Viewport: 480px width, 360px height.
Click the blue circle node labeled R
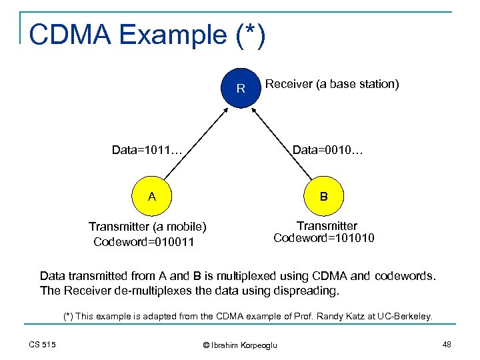click(x=241, y=88)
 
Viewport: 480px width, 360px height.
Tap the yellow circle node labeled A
click(x=152, y=196)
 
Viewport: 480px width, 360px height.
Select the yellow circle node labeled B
click(x=323, y=197)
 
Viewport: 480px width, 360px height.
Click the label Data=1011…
click(x=147, y=150)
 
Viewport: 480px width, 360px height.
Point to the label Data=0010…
click(x=327, y=150)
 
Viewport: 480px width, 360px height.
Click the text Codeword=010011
click(x=144, y=242)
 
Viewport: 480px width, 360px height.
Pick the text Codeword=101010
click(x=324, y=238)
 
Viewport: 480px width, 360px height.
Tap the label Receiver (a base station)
click(x=332, y=84)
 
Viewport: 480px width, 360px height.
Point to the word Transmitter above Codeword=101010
click(x=327, y=226)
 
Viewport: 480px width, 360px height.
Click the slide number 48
click(x=446, y=344)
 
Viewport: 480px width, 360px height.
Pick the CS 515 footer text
click(x=43, y=344)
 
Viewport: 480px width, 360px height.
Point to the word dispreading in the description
click(x=306, y=291)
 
